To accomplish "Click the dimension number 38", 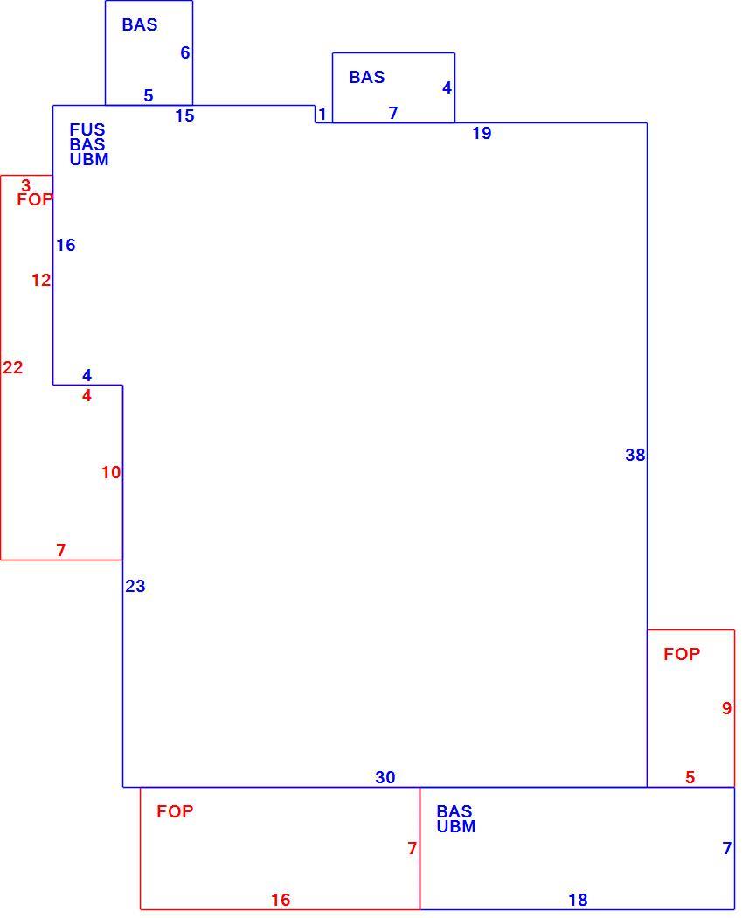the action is tap(635, 455).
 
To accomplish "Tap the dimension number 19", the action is tap(482, 134).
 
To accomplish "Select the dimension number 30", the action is tap(385, 777).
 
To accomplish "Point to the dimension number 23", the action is tap(135, 586).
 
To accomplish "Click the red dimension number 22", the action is tap(13, 368).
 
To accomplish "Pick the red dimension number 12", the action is tap(41, 281).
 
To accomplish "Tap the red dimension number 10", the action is tap(111, 472).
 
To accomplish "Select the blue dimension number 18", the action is tap(578, 900).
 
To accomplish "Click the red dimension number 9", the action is tap(726, 708).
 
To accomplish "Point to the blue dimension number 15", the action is tap(184, 116).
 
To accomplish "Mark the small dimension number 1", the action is tap(322, 114).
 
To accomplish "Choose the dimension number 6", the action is tap(185, 52).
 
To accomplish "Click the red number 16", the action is tap(281, 900).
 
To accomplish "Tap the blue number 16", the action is tap(66, 246).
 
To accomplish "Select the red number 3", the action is tap(25, 185).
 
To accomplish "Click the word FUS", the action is tap(87, 129).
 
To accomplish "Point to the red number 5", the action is tap(690, 777).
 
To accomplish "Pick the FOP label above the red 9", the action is tap(682, 654).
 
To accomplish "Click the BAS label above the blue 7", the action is tap(367, 77).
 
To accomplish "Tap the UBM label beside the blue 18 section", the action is tap(456, 827).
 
